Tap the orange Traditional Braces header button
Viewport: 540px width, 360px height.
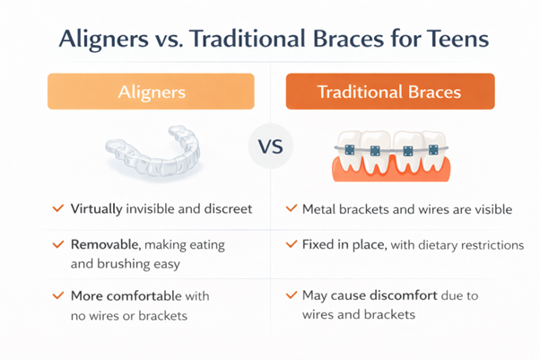coord(389,92)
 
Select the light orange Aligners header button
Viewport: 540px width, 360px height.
coord(151,92)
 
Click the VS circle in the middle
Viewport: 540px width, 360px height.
coord(269,146)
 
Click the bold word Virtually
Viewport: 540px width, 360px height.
coord(97,209)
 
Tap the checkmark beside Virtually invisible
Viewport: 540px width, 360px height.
coord(57,209)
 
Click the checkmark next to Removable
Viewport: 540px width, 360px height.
coord(57,244)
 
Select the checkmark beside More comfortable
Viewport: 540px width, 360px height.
coord(57,295)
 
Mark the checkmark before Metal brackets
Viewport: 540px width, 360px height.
coord(291,209)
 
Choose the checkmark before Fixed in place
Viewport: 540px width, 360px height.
coord(291,244)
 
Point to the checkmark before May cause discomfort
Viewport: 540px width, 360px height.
coord(291,295)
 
